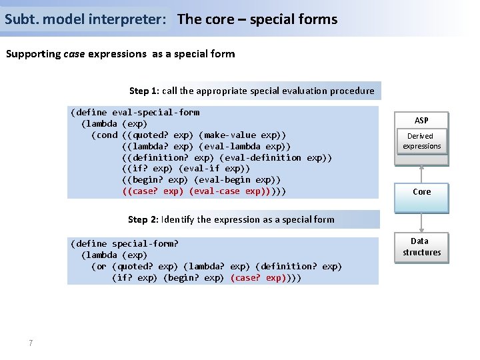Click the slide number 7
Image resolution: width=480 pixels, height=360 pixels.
31,343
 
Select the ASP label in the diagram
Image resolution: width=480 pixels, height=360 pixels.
421,121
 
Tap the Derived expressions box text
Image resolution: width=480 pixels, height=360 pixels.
421,141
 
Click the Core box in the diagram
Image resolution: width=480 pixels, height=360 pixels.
421,192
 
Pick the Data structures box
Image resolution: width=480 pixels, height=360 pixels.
421,247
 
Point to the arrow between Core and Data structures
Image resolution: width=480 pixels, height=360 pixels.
421,222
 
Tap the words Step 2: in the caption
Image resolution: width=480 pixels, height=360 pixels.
143,219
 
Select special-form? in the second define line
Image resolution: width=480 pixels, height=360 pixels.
145,243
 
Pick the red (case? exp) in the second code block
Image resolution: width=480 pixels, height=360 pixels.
259,277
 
